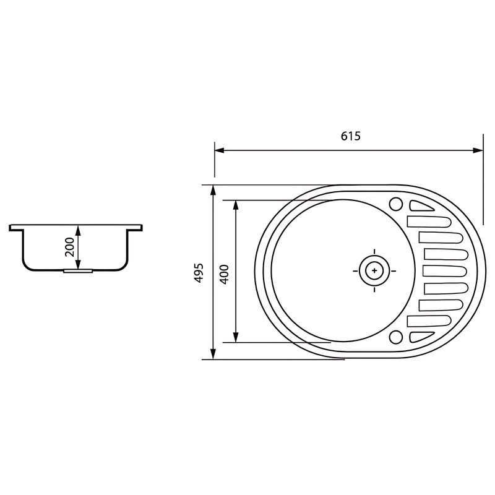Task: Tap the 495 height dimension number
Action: (x=198, y=272)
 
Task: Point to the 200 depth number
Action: (x=69, y=247)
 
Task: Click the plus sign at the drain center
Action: (x=374, y=271)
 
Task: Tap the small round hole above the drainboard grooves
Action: (x=395, y=204)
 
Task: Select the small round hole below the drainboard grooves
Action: (x=395, y=337)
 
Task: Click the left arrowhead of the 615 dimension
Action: (x=218, y=150)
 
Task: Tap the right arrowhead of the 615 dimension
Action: (x=478, y=150)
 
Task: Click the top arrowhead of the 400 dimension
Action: (x=235, y=204)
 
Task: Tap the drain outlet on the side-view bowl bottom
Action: (x=78, y=270)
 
